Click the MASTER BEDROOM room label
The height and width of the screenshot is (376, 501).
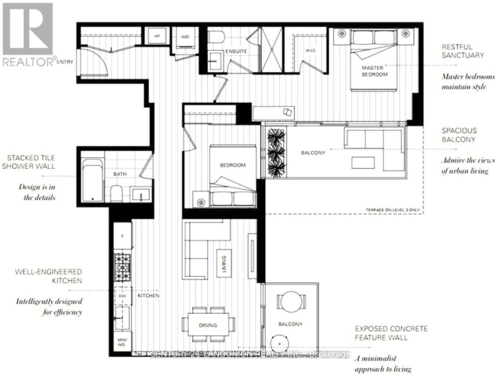point(374,71)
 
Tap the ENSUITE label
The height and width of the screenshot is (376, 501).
point(236,51)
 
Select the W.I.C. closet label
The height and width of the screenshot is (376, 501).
point(310,51)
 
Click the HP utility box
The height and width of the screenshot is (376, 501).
point(157,36)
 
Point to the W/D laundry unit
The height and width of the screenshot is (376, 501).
point(185,37)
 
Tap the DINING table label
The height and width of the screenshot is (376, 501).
point(208,325)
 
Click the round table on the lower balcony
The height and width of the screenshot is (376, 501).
point(292,300)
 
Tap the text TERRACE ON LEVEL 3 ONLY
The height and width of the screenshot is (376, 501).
point(392,210)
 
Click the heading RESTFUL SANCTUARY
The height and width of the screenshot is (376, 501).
point(462,51)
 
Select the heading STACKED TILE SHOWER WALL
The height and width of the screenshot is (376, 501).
point(29,162)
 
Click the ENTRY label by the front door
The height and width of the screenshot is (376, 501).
point(65,62)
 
